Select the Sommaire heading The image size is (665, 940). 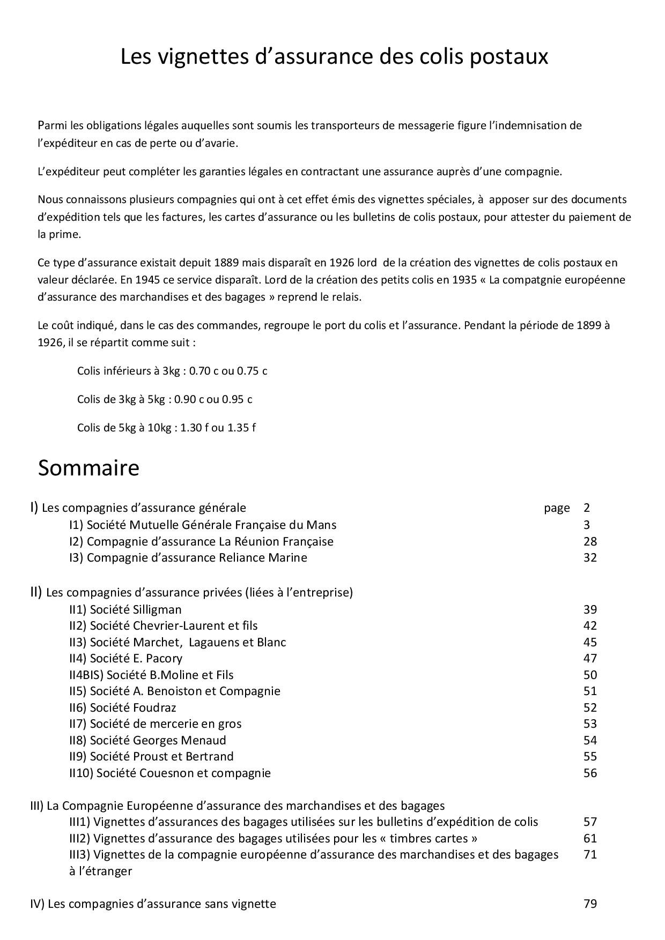tap(88, 468)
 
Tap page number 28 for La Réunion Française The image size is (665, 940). tap(590, 541)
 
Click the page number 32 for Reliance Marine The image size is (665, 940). tap(590, 557)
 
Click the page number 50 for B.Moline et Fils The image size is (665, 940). tap(590, 675)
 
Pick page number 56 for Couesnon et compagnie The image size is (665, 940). tap(590, 773)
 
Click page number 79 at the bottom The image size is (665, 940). tap(590, 904)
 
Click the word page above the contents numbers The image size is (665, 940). tap(557, 508)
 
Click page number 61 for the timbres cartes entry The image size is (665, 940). tap(590, 838)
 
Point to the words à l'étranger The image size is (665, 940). tap(100, 871)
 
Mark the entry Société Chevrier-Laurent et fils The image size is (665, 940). tap(164, 625)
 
